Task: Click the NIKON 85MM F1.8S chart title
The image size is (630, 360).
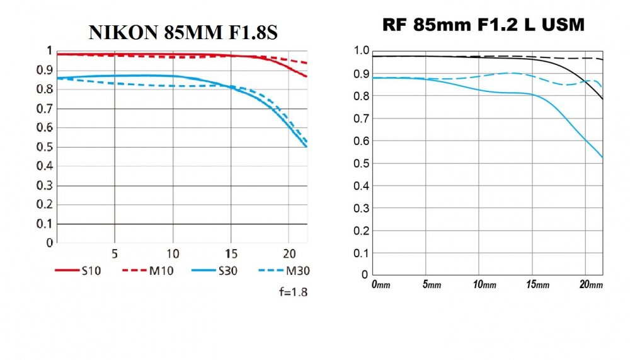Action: [183, 33]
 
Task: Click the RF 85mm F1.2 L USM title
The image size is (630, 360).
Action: [484, 25]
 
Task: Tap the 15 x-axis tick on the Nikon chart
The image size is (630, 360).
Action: [231, 253]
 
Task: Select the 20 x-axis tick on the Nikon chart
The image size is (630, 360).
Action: [289, 253]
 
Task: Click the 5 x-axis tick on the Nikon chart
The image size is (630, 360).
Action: [115, 253]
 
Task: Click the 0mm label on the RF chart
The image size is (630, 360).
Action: [381, 285]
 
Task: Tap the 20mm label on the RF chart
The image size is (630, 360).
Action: [591, 285]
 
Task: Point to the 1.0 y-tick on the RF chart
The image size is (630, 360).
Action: [360, 51]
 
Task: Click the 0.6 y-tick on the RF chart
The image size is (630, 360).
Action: [360, 141]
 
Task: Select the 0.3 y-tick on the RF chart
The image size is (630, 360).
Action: [360, 208]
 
